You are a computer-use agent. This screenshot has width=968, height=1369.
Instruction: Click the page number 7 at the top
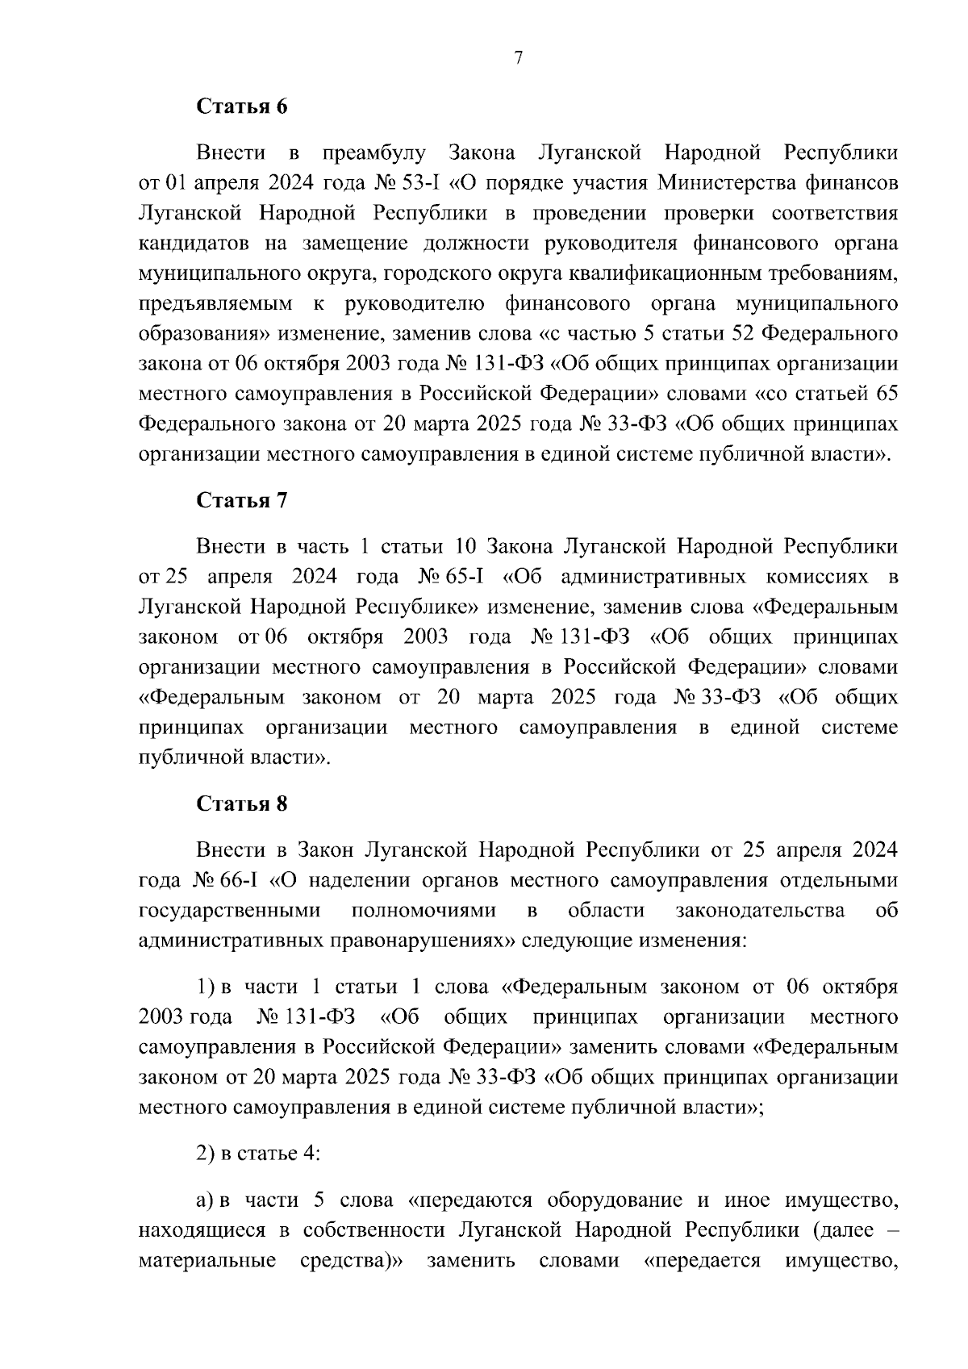[518, 57]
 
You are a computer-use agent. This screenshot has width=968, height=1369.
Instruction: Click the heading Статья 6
[243, 106]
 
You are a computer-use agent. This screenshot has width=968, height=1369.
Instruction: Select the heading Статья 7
[243, 500]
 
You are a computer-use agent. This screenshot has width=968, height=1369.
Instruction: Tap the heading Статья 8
[243, 803]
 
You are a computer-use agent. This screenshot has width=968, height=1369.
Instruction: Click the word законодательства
[760, 911]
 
